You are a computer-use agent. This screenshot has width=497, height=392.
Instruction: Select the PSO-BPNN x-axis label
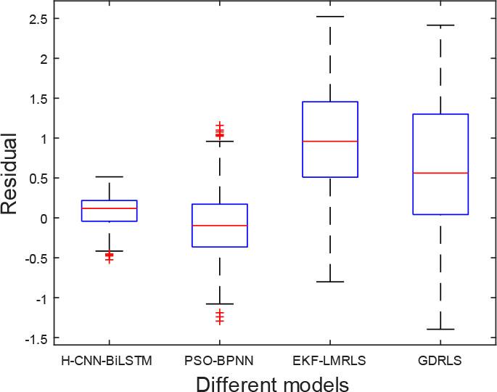pos(219,359)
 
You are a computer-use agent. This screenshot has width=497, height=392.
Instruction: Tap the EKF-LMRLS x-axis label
pos(330,359)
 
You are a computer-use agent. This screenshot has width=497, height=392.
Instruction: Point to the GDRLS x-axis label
pos(440,359)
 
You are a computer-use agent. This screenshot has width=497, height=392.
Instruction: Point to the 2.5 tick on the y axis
pos(38,18)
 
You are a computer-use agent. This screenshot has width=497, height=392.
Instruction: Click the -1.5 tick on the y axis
pos(36,338)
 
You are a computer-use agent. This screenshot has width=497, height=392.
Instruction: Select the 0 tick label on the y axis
pos(44,218)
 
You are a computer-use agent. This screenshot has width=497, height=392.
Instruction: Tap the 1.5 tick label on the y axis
pos(38,98)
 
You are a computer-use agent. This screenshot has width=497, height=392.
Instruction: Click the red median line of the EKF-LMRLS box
pos(330,141)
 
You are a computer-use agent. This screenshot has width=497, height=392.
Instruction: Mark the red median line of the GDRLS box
pos(440,173)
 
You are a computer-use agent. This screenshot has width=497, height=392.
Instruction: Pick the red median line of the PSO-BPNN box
pos(219,226)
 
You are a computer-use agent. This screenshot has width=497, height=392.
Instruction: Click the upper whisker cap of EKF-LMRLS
pos(330,16)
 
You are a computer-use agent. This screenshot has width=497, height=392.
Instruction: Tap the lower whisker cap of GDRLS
pos(440,329)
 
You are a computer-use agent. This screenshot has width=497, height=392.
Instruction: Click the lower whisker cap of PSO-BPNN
pos(219,303)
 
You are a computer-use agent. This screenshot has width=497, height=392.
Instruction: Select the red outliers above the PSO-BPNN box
pos(219,131)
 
